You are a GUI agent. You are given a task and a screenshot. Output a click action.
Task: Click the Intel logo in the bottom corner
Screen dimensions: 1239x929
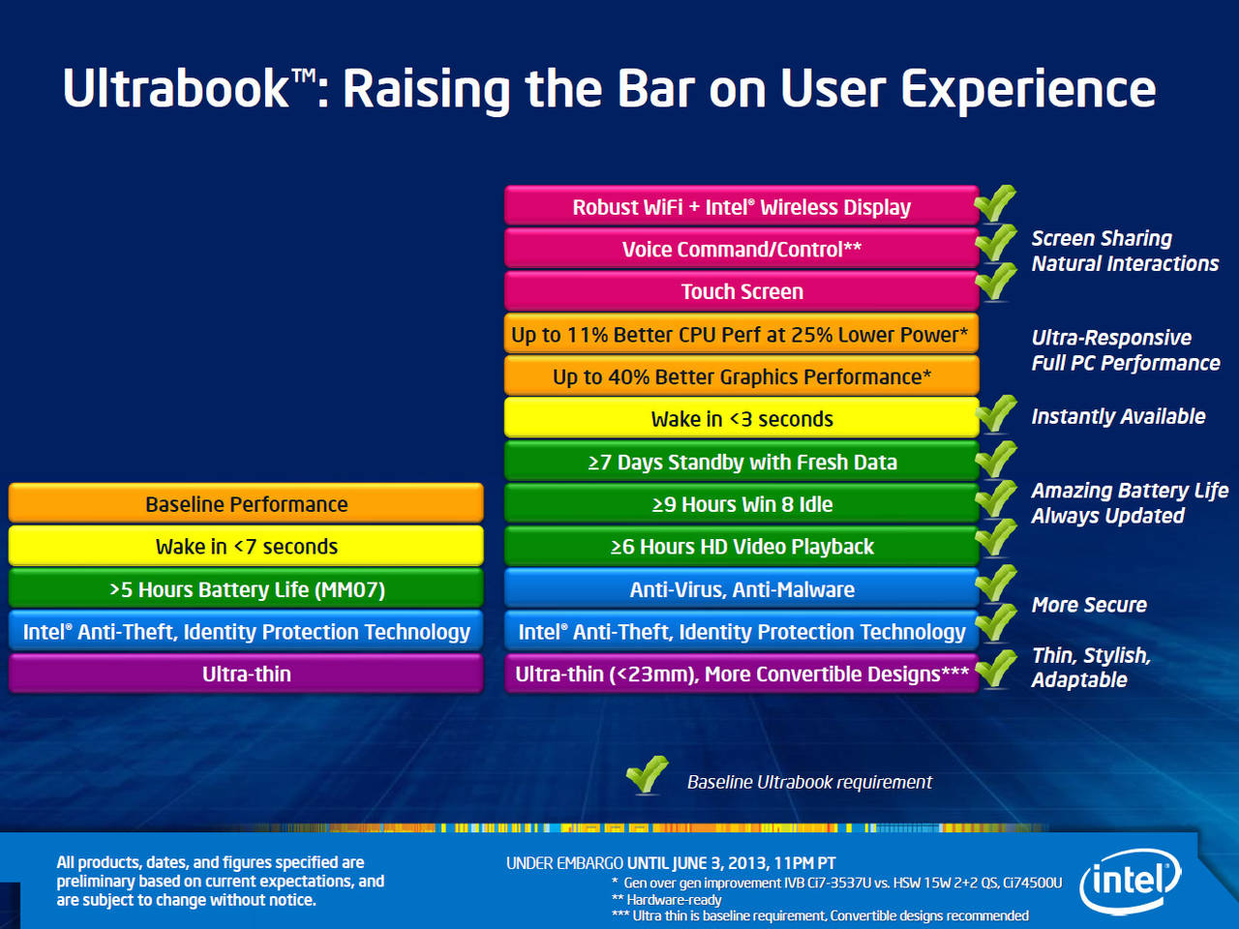tap(1130, 881)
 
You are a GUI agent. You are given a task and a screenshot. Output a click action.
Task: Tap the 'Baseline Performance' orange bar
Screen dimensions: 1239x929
tap(246, 503)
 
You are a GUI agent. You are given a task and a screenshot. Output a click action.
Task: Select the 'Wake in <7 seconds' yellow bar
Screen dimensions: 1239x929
tap(246, 546)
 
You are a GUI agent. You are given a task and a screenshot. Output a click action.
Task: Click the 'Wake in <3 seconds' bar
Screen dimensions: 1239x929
tap(741, 418)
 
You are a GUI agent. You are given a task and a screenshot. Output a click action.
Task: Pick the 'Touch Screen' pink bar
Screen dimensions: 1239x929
tap(741, 291)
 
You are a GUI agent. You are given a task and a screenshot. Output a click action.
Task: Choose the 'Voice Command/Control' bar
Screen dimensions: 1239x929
tap(741, 249)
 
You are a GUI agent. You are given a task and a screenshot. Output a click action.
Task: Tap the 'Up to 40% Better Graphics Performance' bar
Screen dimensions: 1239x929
tap(741, 375)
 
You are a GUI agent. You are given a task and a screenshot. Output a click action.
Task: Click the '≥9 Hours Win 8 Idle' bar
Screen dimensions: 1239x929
tap(741, 503)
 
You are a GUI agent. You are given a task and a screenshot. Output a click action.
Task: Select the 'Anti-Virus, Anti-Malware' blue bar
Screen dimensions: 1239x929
tap(741, 588)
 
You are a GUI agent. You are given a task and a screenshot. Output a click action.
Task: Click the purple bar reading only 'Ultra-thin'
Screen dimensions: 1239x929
tap(246, 674)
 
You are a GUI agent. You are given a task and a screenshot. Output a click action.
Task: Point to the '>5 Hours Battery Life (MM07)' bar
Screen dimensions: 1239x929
tap(246, 588)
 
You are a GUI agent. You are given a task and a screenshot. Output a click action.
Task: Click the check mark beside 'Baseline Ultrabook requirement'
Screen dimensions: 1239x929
tap(648, 774)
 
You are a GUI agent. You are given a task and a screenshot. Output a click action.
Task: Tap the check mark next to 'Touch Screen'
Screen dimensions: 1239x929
tap(996, 282)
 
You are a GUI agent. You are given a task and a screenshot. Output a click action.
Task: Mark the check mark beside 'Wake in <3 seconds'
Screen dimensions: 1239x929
tap(996, 413)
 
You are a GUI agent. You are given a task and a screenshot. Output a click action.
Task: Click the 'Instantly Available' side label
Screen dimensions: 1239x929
tap(1118, 416)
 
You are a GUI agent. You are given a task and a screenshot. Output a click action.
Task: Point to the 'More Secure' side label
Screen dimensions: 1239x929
tap(1089, 605)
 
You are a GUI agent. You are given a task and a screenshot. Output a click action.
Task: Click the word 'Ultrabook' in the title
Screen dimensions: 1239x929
tap(176, 89)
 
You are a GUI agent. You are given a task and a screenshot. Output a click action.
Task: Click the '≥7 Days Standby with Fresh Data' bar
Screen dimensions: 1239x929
tap(741, 461)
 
